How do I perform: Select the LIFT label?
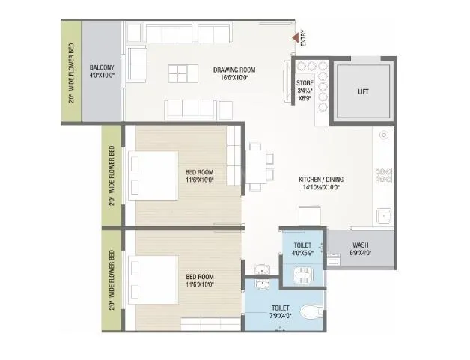363,92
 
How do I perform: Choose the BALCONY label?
101,70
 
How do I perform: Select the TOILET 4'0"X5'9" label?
302,249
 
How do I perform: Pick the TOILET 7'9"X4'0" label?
281,311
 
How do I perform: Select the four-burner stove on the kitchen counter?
385,177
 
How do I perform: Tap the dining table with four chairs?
255,165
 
